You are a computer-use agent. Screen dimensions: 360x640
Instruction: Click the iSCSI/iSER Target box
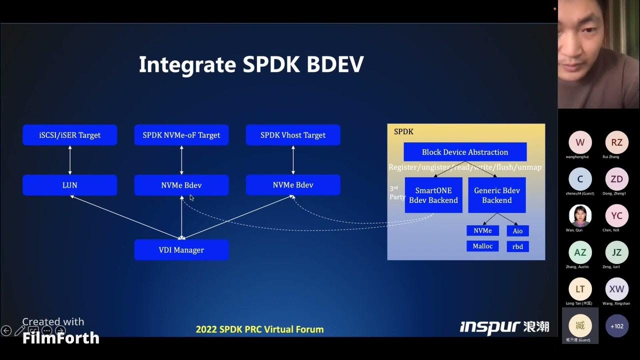tap(70, 135)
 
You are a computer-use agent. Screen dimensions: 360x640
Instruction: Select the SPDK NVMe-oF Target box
tap(181, 135)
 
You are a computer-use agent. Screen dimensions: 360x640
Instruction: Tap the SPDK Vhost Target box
tap(293, 135)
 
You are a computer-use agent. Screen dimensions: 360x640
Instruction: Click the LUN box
tap(70, 185)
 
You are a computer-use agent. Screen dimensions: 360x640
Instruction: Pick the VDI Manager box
tap(181, 250)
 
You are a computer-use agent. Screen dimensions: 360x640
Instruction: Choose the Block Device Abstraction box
tap(465, 152)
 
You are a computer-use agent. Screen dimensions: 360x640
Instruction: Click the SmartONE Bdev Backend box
tap(433, 195)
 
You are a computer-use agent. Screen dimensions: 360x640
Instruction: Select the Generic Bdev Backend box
tap(496, 195)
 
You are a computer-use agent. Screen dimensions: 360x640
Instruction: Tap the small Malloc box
tap(482, 246)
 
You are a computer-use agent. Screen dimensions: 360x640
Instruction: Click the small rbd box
tap(517, 246)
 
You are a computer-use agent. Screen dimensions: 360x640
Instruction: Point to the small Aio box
tap(517, 231)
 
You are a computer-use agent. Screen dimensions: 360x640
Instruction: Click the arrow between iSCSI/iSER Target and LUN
tap(70, 160)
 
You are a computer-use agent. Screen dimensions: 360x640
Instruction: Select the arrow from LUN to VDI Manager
tap(125, 216)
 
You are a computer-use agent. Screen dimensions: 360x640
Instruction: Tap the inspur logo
tap(490, 327)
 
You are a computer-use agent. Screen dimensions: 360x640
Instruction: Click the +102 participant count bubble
tap(617, 326)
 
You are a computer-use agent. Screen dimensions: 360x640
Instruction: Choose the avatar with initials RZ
tap(617, 142)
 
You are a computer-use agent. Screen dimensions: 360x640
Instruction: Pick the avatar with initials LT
tap(580, 289)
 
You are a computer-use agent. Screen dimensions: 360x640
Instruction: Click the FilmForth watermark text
tap(60, 338)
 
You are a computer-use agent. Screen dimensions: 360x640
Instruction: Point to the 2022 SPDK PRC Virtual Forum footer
tap(259, 329)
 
